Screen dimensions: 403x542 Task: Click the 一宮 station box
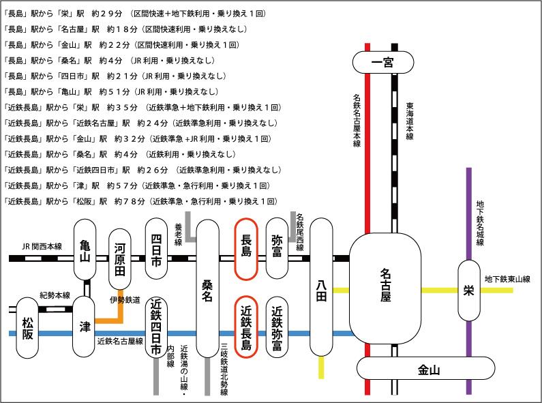click(x=382, y=63)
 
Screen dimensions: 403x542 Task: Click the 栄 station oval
click(x=468, y=290)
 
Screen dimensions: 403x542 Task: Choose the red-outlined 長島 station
click(x=245, y=248)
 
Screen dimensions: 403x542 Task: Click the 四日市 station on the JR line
click(x=156, y=248)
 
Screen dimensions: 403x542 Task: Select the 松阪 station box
click(x=28, y=327)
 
